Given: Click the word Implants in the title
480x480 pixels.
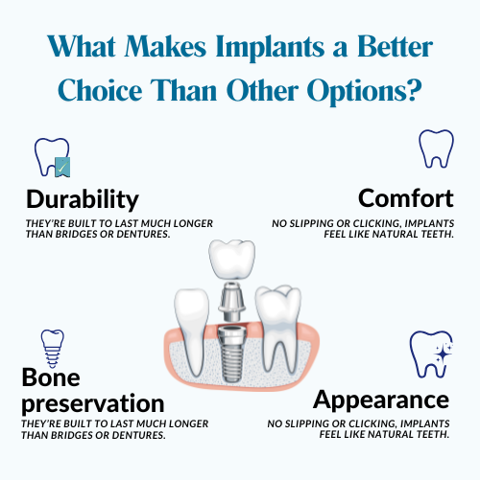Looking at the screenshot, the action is [x=271, y=48].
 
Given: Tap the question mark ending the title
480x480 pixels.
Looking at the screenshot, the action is [x=414, y=89].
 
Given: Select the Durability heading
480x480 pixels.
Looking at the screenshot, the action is [x=83, y=200].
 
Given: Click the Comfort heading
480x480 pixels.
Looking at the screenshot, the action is [x=406, y=198].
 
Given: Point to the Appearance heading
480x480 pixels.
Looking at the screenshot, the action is [x=381, y=400].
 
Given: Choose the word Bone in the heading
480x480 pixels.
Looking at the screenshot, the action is [x=51, y=377].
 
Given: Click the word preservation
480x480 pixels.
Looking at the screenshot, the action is [x=93, y=404].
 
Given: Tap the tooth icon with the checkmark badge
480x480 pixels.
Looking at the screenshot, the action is [x=52, y=157].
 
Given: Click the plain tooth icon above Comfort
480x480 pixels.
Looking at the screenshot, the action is [x=436, y=149].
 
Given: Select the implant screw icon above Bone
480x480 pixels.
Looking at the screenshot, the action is [x=52, y=348].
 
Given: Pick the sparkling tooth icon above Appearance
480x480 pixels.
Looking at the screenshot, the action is [x=431, y=354].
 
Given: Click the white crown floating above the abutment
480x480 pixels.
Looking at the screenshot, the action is [x=231, y=261].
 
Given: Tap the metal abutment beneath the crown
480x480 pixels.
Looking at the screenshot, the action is [x=231, y=302].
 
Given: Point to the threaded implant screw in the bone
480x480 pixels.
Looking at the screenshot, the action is [x=231, y=354].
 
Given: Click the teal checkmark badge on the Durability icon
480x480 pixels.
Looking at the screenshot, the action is [x=62, y=167].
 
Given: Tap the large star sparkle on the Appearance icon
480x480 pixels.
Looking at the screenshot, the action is [x=443, y=354].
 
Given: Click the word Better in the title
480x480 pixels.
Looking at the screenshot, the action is [x=395, y=47].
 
